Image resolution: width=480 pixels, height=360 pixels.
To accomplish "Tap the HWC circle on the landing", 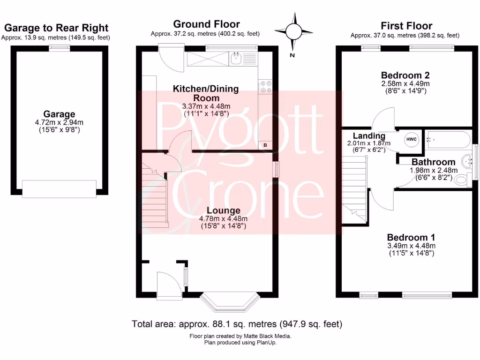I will [x=411, y=140].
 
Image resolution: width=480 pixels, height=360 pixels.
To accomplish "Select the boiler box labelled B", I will [x=265, y=145].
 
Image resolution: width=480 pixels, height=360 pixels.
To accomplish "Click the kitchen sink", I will [x=236, y=59].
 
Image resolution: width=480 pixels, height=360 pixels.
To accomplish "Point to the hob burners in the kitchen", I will [x=265, y=87].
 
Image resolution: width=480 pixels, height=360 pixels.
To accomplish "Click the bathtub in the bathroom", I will [x=448, y=139].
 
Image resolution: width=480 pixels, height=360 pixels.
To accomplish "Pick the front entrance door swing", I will [x=169, y=285].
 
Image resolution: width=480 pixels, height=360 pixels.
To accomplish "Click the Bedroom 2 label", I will [x=405, y=75].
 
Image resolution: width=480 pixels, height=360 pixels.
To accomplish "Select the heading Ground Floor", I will [x=206, y=24].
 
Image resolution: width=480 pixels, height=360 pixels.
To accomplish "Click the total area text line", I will [x=237, y=323].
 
